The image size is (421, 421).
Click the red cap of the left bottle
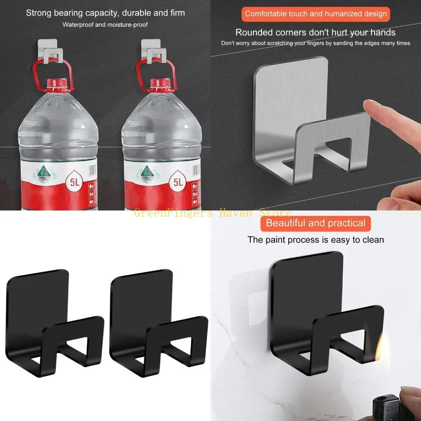[53, 83]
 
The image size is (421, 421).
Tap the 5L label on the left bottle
[74, 181]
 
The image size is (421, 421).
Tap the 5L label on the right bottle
[178, 181]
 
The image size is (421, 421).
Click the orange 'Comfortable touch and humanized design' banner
[315, 14]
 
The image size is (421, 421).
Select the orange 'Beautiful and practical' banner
[315, 223]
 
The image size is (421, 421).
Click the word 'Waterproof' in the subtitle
[78, 25]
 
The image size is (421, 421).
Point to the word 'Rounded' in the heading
[253, 32]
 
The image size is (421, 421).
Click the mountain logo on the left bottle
[41, 173]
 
